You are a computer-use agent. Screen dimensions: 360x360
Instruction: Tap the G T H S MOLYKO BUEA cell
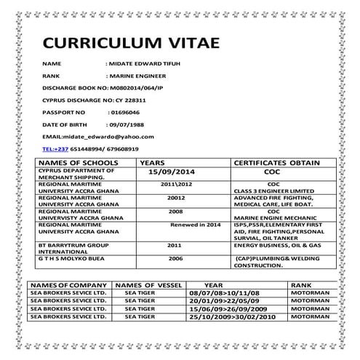click(x=68, y=259)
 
